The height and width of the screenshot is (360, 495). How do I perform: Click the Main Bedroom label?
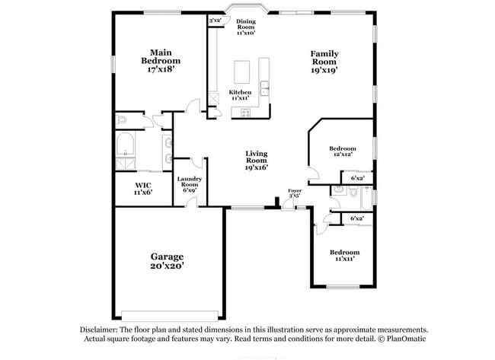click(x=161, y=60)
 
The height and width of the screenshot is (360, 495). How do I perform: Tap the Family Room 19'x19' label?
click(x=324, y=62)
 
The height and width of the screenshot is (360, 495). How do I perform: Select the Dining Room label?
click(x=245, y=27)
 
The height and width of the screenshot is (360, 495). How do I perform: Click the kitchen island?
click(x=244, y=73)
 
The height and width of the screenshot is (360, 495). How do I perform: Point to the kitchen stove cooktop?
click(x=246, y=113)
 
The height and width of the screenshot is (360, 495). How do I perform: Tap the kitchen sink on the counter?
click(x=264, y=88)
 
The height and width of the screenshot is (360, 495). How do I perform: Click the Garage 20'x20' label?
click(x=166, y=261)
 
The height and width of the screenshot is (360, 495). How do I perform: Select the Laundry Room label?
click(x=189, y=184)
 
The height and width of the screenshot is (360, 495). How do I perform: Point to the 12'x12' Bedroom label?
click(x=342, y=152)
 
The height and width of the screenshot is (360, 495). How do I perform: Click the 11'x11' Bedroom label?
click(x=343, y=256)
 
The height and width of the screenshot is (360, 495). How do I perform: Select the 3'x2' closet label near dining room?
click(x=215, y=19)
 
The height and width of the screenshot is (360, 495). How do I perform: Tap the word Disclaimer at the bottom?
click(x=101, y=329)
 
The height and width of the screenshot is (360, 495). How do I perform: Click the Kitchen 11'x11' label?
click(x=241, y=95)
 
